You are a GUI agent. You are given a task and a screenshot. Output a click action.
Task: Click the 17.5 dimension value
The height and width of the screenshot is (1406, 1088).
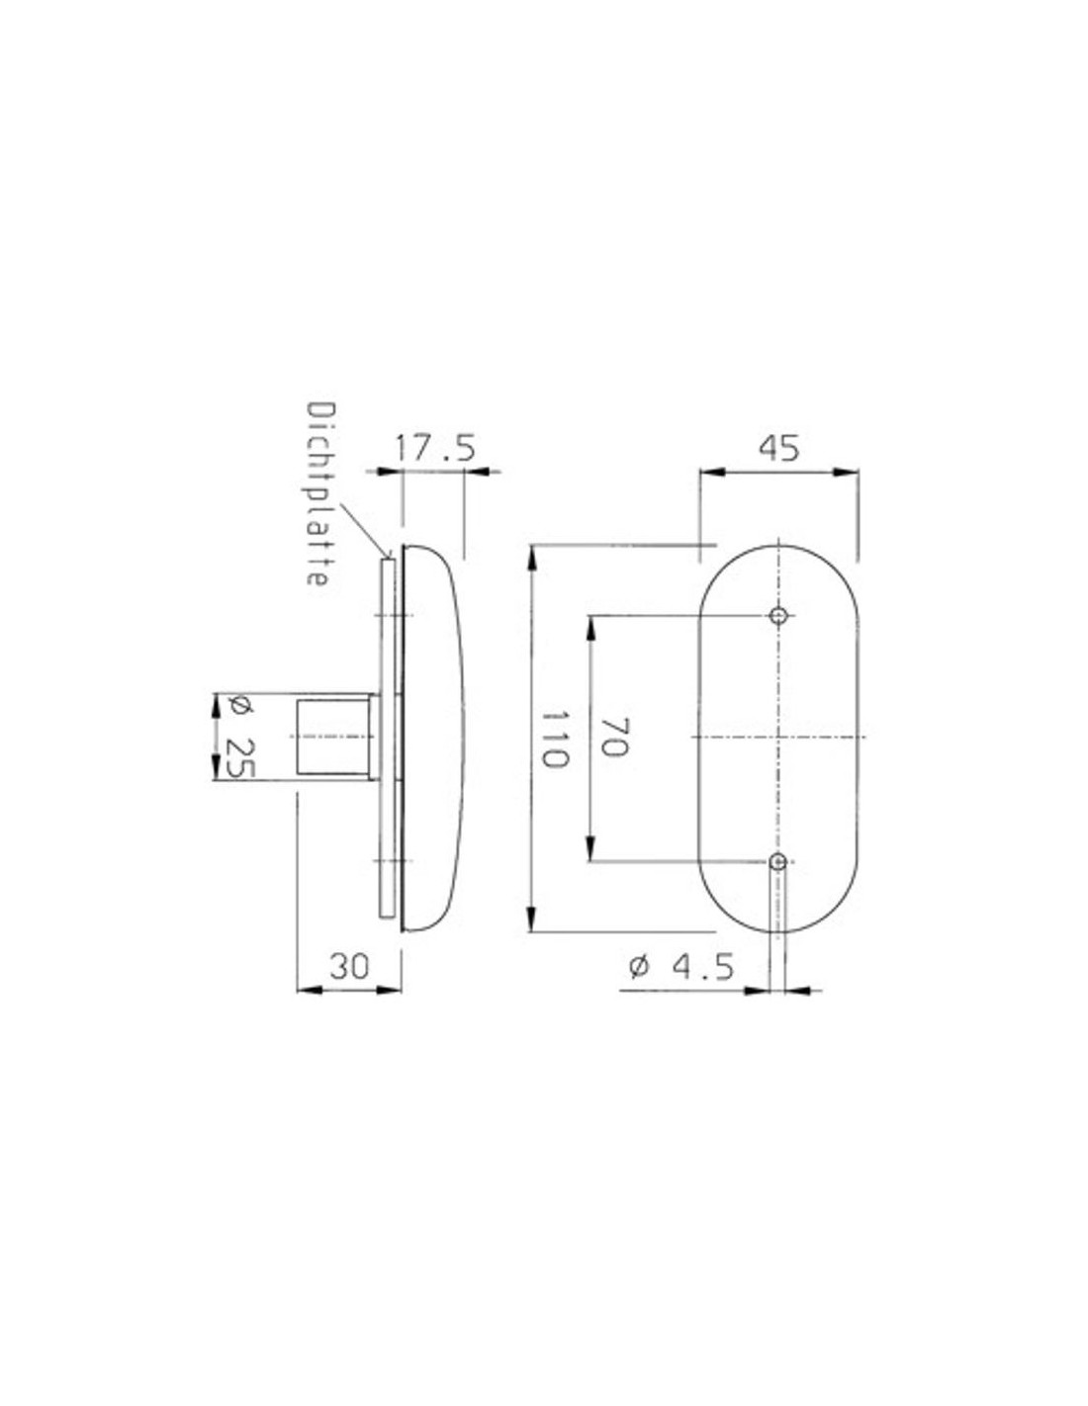[x=435, y=449]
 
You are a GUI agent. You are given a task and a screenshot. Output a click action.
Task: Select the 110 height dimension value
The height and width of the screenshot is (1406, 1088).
[x=555, y=739]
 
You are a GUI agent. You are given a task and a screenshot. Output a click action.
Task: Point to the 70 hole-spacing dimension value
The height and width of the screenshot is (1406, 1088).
[x=614, y=737]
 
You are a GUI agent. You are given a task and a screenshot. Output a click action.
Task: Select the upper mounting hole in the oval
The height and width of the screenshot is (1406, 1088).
[x=779, y=615]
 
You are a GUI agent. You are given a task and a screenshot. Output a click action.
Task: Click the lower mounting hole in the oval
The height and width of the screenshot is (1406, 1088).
[x=779, y=861]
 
